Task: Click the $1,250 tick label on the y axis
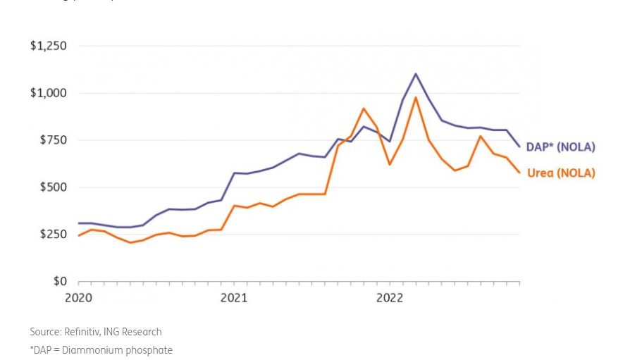click(x=48, y=46)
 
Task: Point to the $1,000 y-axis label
click(x=48, y=93)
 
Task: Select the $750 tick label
click(x=52, y=140)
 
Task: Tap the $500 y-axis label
click(x=52, y=187)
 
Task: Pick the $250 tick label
click(x=52, y=234)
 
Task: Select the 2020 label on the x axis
click(x=78, y=298)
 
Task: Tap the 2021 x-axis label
click(x=234, y=298)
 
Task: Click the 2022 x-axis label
click(x=390, y=298)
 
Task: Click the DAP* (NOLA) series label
click(x=561, y=147)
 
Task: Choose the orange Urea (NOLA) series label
click(x=561, y=173)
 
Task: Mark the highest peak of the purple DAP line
click(x=416, y=73)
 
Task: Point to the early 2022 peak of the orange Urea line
click(x=416, y=97)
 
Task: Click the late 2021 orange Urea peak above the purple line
click(x=364, y=108)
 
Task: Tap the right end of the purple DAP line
click(x=520, y=147)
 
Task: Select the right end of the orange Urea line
click(x=520, y=173)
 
